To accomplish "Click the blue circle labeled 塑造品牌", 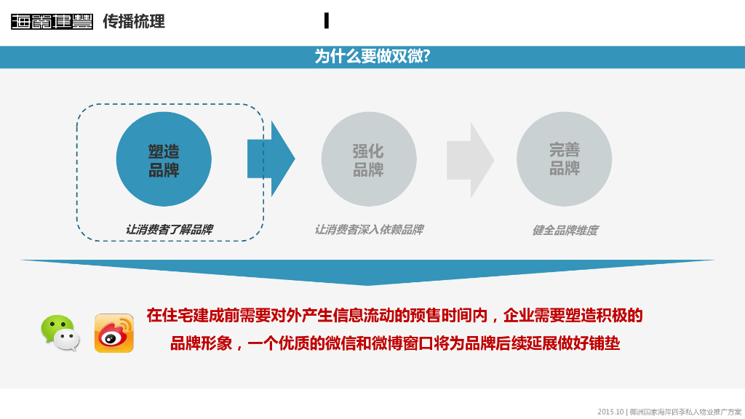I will [x=164, y=159].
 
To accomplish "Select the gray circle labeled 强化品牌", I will [x=368, y=159].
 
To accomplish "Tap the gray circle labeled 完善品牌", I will [x=564, y=159].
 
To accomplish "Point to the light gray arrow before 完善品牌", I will [x=470, y=159].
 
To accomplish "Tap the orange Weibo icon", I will [x=114, y=333].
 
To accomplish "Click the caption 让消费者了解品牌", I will [x=169, y=229].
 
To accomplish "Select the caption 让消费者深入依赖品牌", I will [x=368, y=229].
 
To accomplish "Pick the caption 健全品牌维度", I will [x=565, y=230].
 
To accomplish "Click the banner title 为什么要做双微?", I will [x=372, y=57].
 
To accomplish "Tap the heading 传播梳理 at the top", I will [x=134, y=21].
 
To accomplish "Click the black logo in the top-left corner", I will [x=52, y=22].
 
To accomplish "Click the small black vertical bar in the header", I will [x=327, y=21].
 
